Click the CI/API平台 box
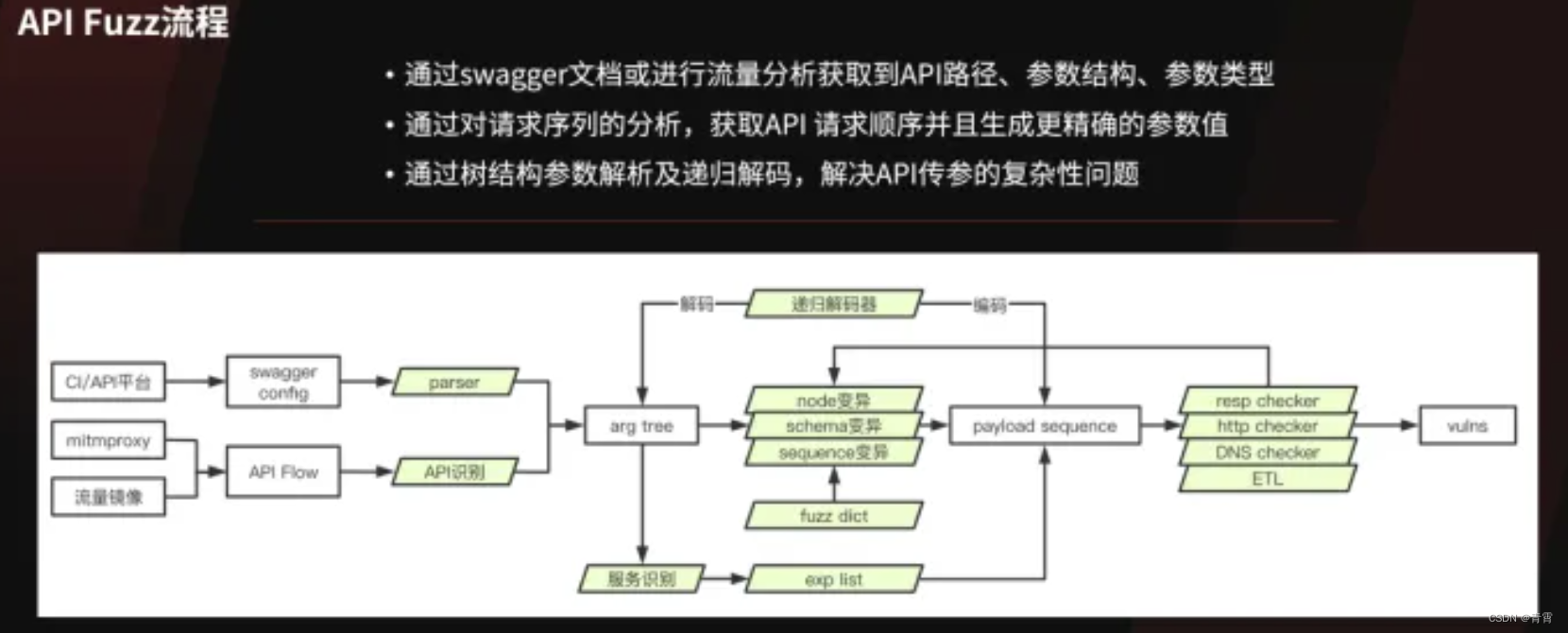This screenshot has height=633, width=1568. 108,382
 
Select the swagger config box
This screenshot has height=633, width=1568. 283,382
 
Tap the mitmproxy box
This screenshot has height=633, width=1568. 108,440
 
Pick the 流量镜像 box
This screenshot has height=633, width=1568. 108,497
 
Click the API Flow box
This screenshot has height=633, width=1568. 283,471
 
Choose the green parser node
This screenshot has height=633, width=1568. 454,383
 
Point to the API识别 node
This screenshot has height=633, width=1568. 454,471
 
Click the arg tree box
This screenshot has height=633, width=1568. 641,426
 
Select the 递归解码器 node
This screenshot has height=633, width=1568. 833,304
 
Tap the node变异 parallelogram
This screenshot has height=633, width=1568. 833,400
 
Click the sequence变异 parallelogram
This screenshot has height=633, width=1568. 833,453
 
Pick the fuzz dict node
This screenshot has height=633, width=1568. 833,516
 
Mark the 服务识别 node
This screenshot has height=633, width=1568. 641,579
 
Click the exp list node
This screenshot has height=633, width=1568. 833,579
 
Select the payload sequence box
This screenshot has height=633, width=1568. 1045,426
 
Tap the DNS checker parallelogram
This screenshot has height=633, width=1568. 1267,453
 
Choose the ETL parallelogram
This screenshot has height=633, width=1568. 1267,479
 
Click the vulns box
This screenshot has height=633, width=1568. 1467,426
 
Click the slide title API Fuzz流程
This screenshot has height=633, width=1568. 123,22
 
